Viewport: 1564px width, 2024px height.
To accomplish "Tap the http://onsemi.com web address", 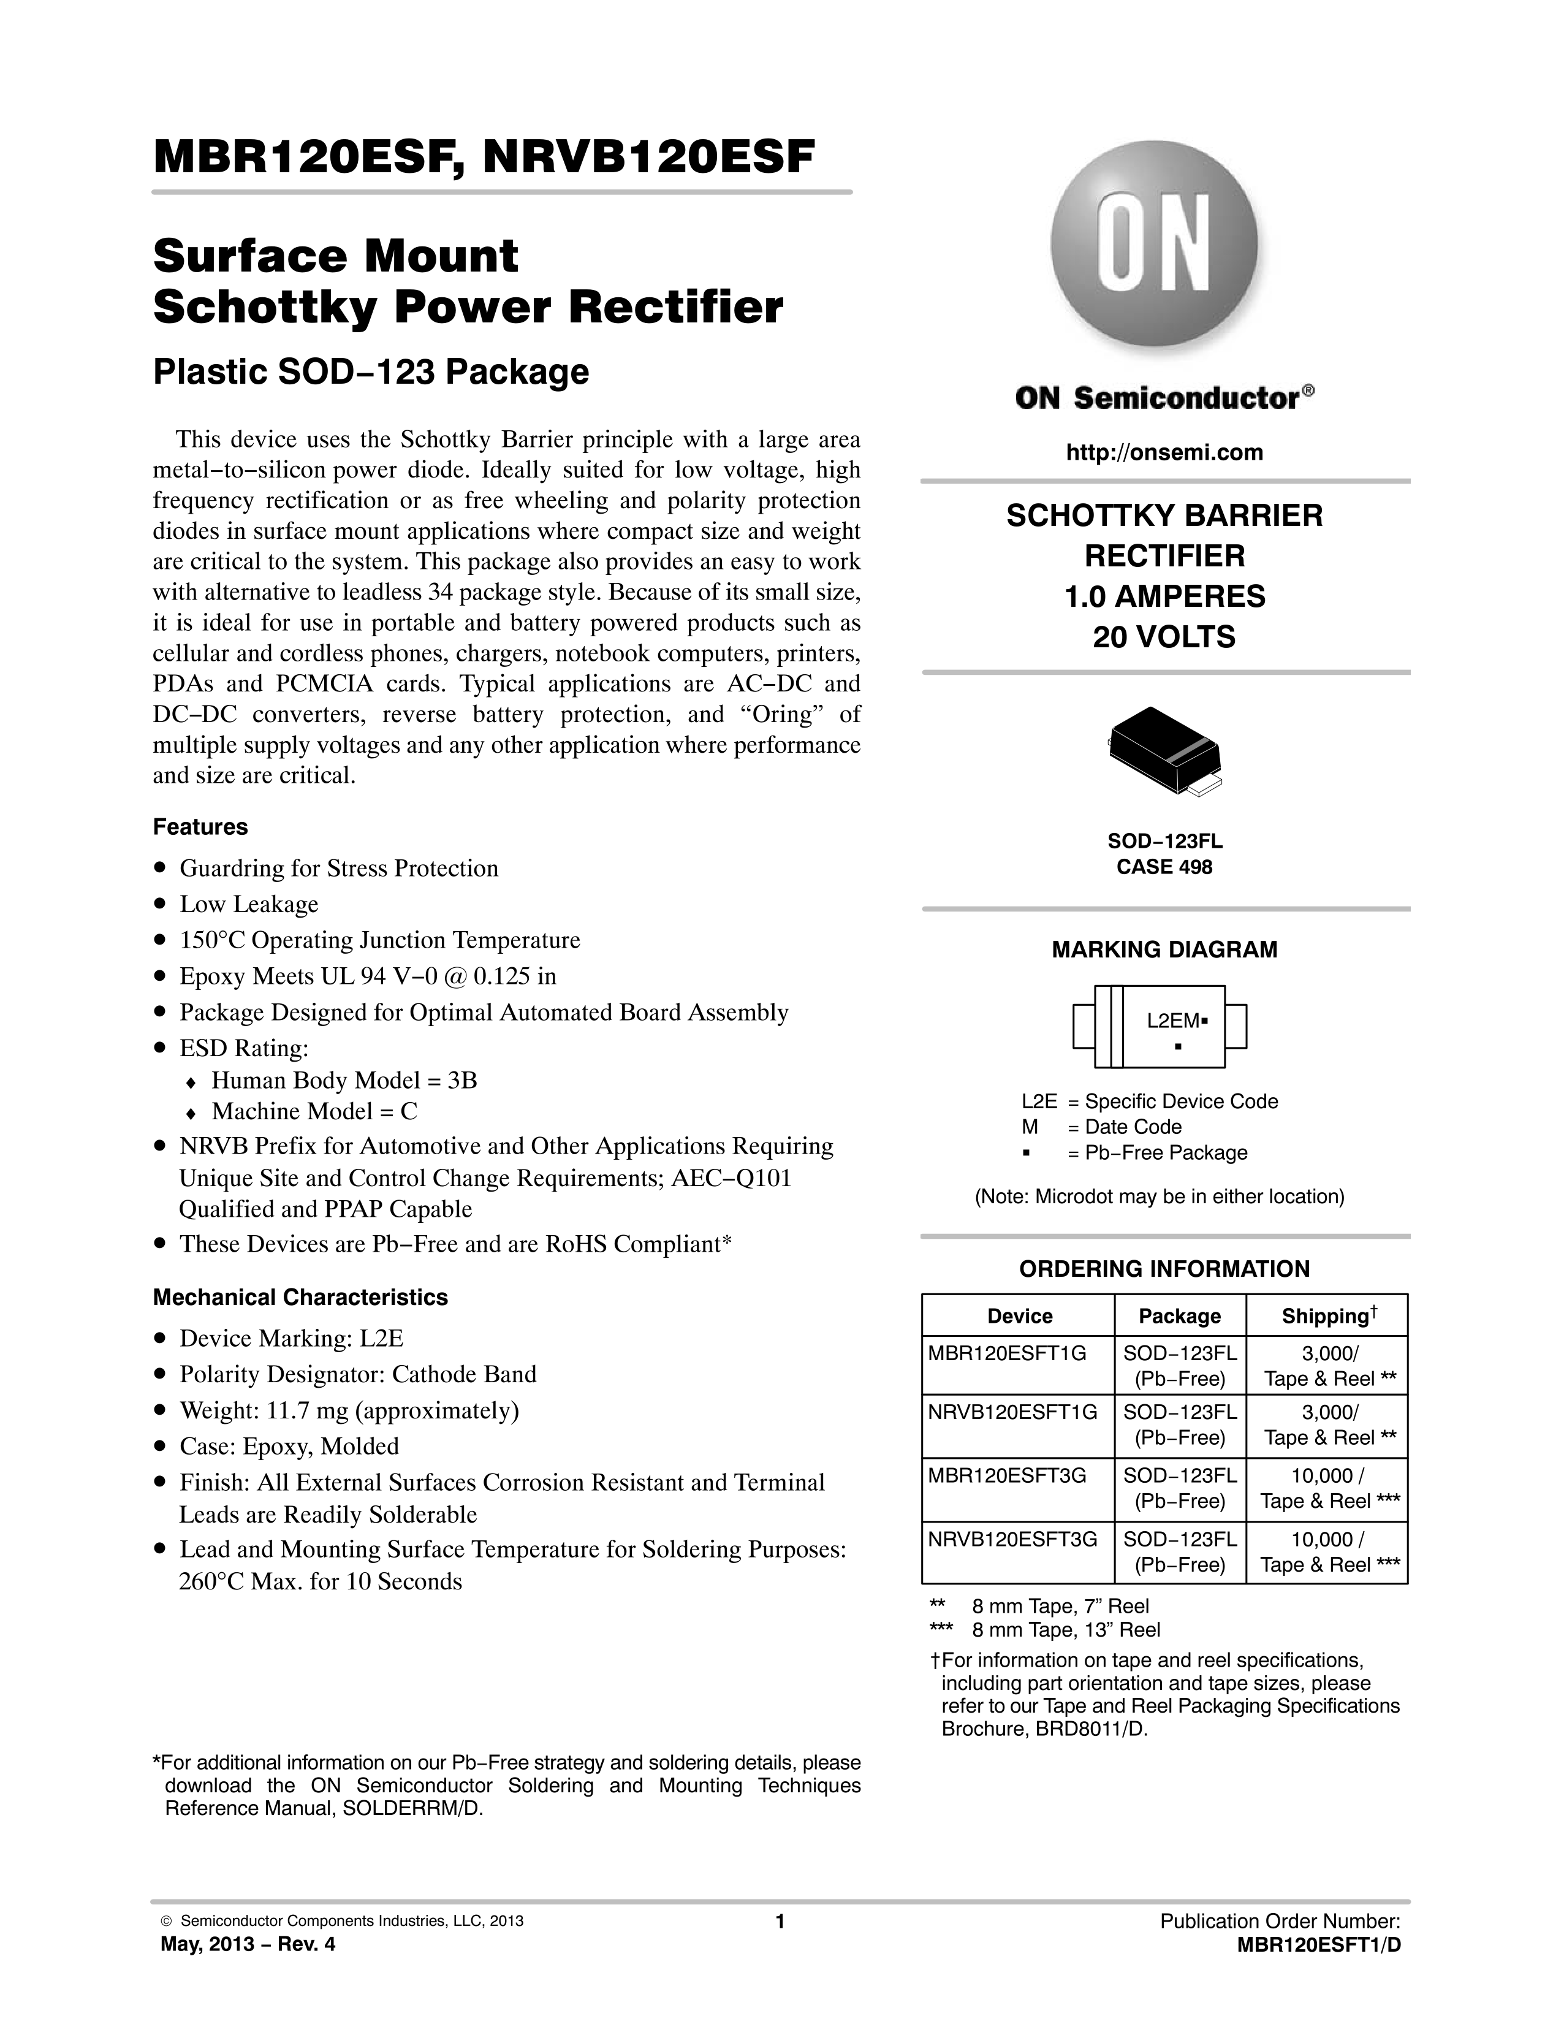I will tap(1164, 452).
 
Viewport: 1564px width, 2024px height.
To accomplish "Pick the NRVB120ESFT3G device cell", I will tap(1012, 1539).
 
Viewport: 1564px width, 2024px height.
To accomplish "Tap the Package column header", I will tap(1180, 1316).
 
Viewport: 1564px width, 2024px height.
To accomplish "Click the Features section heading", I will tap(200, 827).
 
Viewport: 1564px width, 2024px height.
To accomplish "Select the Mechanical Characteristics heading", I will tap(300, 1298).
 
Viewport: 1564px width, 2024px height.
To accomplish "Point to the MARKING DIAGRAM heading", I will tap(1164, 950).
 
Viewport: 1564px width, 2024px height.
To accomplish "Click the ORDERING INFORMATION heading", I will tap(1164, 1269).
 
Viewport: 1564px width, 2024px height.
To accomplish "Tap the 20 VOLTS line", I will tap(1164, 637).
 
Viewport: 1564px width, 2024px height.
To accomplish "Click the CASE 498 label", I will tap(1164, 867).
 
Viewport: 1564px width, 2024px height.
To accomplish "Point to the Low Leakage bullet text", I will tap(248, 905).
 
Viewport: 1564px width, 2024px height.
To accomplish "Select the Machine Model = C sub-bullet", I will tap(314, 1111).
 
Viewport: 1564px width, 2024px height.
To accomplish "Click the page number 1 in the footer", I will tap(780, 1921).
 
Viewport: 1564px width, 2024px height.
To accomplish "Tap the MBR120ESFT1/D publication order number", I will tap(1318, 1944).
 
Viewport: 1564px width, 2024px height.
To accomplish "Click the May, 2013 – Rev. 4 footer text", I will tap(248, 1944).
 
